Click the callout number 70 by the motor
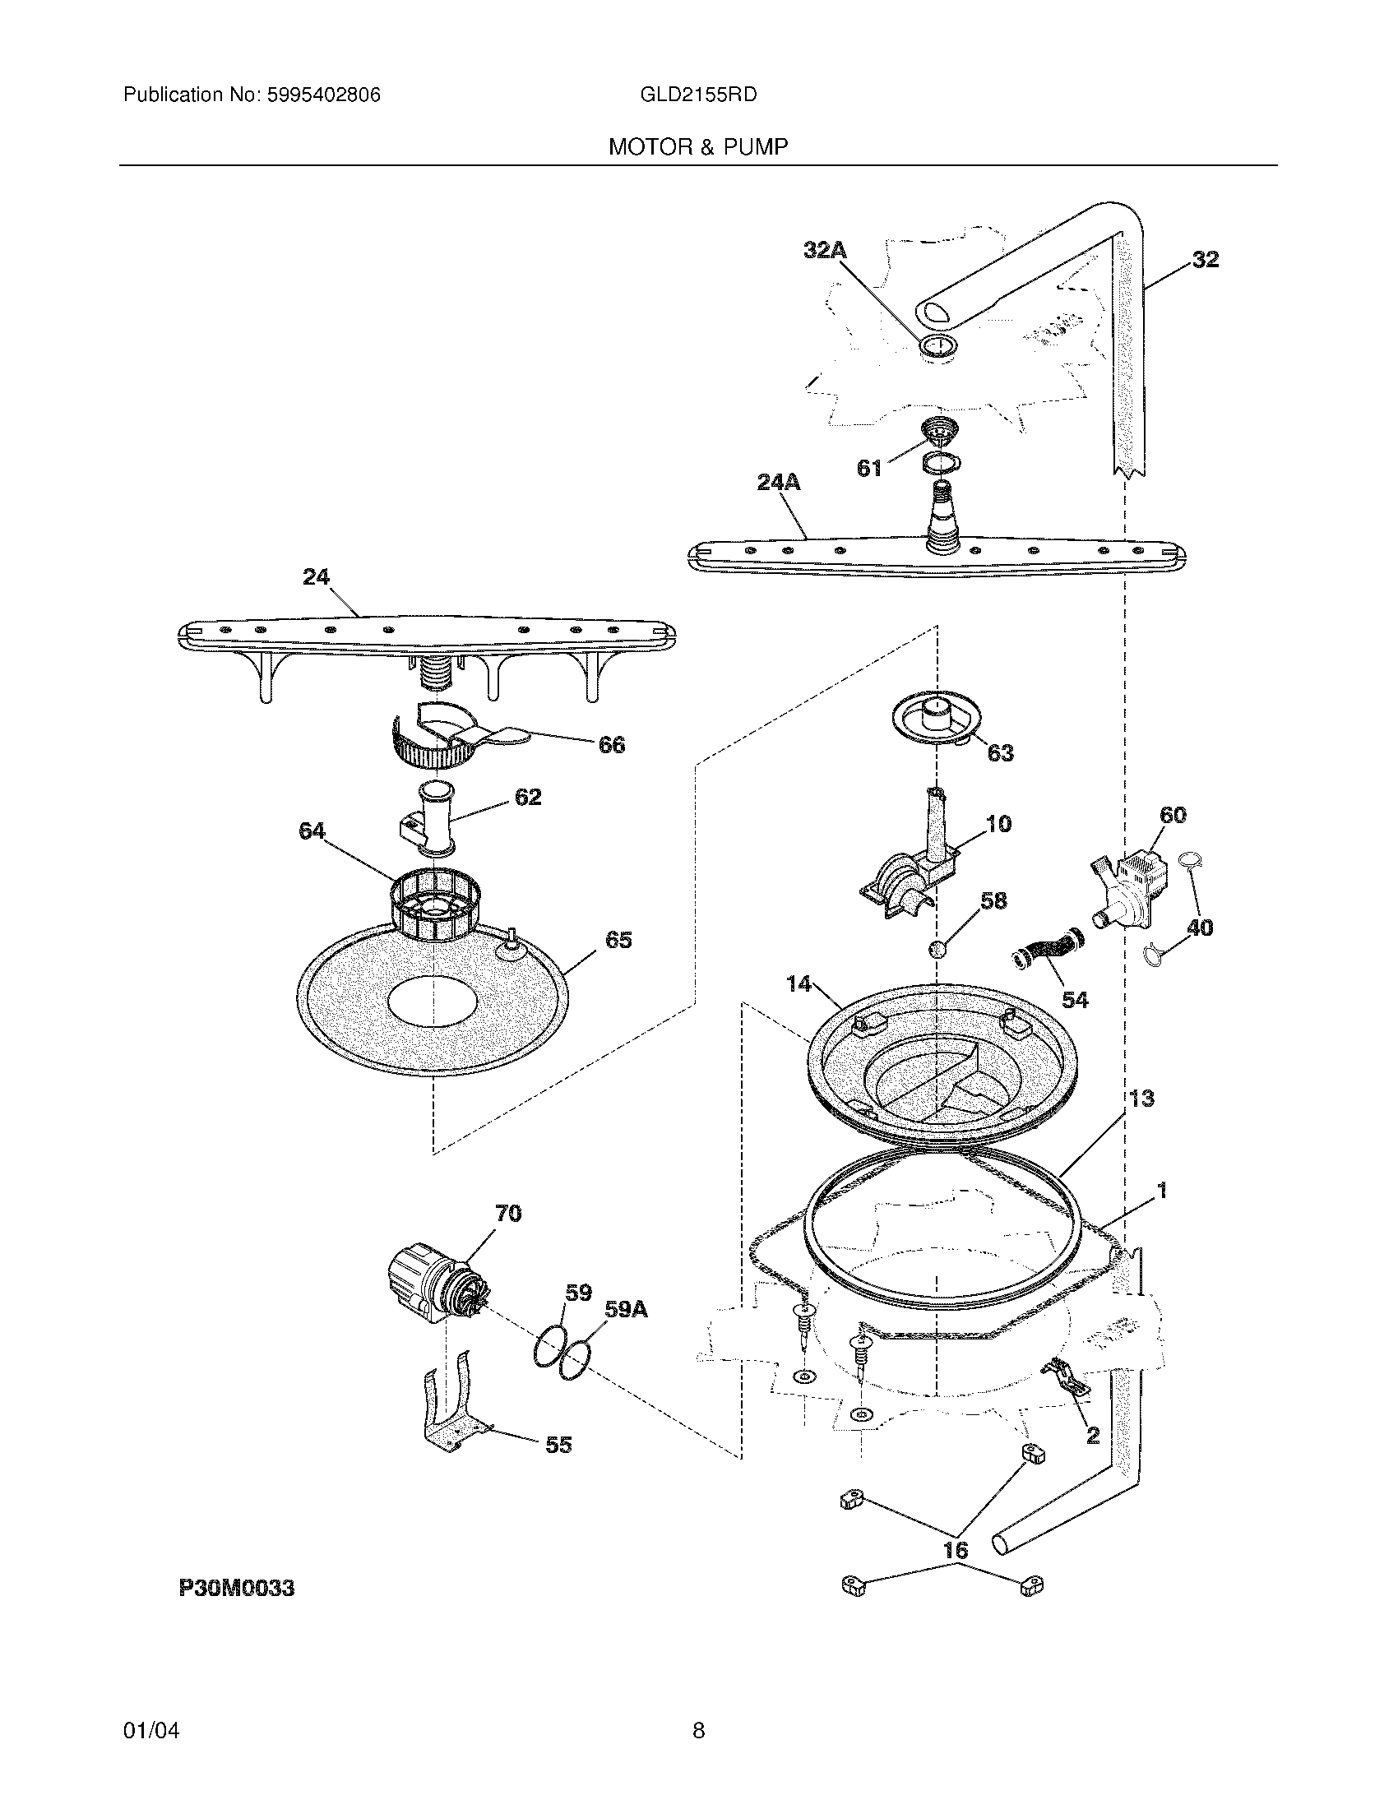pos(507,1214)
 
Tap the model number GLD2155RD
pos(698,95)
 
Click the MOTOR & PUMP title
pos(698,147)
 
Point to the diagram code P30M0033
pos(237,1588)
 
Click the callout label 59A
pos(626,1310)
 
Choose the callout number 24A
pos(779,482)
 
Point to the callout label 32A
pos(825,250)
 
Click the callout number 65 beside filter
pos(618,940)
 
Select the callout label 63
pos(1000,753)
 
